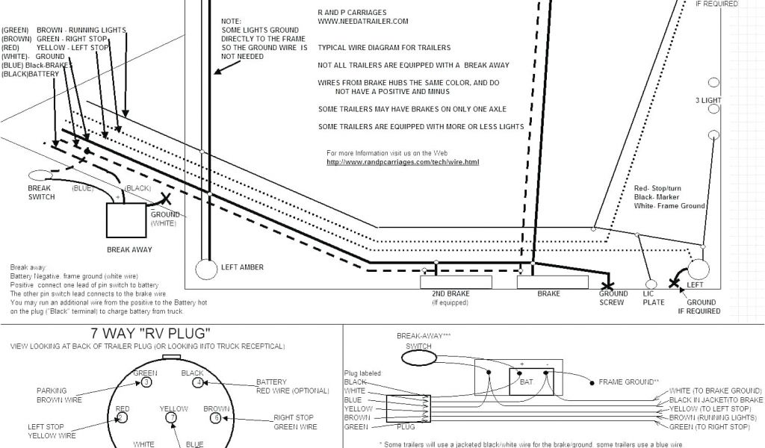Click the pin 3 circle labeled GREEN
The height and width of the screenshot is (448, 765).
click(x=147, y=382)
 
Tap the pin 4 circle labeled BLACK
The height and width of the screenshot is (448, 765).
click(x=198, y=382)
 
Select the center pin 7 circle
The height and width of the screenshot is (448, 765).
click(x=173, y=417)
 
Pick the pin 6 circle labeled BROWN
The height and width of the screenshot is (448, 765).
click(x=216, y=418)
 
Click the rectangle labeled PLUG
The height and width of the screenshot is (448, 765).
click(x=406, y=413)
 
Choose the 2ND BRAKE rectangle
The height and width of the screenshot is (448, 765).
click(x=456, y=282)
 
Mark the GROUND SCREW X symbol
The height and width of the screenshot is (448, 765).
click(x=609, y=284)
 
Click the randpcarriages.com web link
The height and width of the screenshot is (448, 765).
click(x=403, y=162)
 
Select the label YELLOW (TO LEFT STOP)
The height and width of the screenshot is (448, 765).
click(x=710, y=409)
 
